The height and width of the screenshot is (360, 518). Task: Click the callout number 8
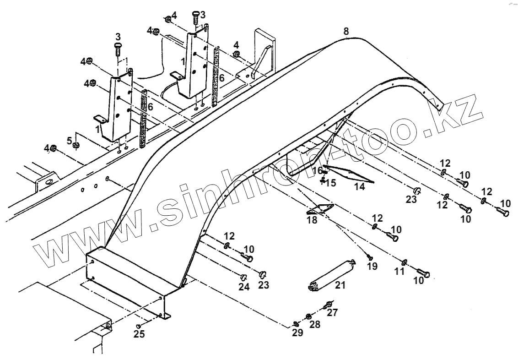[x=345, y=32]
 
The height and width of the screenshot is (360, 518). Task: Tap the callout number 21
[x=340, y=286]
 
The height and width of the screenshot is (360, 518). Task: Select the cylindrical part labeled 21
[x=330, y=274]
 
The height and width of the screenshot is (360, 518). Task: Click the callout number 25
[x=139, y=334]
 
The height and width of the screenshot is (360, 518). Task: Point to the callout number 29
[x=297, y=333]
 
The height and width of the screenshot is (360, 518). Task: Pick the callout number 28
[x=314, y=324]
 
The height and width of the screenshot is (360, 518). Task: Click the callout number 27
[x=332, y=313]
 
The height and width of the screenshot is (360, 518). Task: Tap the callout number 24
[x=243, y=287]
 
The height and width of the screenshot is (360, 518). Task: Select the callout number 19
[x=372, y=266]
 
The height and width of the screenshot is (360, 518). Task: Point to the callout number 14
[x=360, y=187]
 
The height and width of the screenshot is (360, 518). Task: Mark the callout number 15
[x=330, y=183]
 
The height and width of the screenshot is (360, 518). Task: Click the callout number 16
[x=318, y=171]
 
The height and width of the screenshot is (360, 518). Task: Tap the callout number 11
[x=399, y=272]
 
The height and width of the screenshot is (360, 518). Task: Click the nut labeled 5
[x=77, y=146]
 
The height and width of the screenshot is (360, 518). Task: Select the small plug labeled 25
[x=138, y=326]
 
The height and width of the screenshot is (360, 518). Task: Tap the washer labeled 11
[x=405, y=262]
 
